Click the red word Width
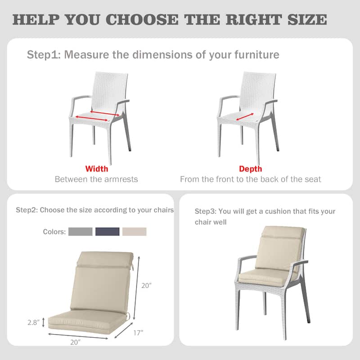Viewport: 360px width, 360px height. [x=97, y=169]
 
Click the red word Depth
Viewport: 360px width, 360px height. [x=251, y=169]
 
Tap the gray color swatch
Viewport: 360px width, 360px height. [x=81, y=232]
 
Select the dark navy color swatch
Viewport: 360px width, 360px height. [x=108, y=232]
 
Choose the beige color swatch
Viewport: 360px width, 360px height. [x=135, y=232]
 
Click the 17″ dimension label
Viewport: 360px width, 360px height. [x=139, y=333]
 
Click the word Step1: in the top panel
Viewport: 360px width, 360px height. [x=44, y=55]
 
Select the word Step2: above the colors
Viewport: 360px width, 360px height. [x=27, y=210]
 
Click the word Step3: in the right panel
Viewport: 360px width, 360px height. [x=205, y=211]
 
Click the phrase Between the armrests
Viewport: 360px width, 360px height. [x=96, y=179]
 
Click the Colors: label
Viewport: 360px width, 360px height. [x=54, y=232]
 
